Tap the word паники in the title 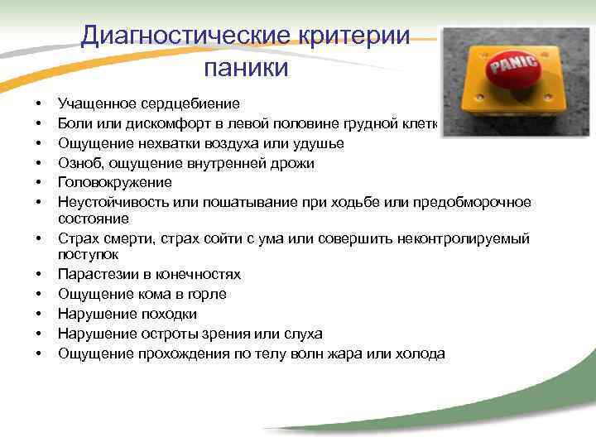tap(245, 67)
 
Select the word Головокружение tap(115, 182)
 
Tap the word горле tap(208, 294)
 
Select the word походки tap(166, 314)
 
